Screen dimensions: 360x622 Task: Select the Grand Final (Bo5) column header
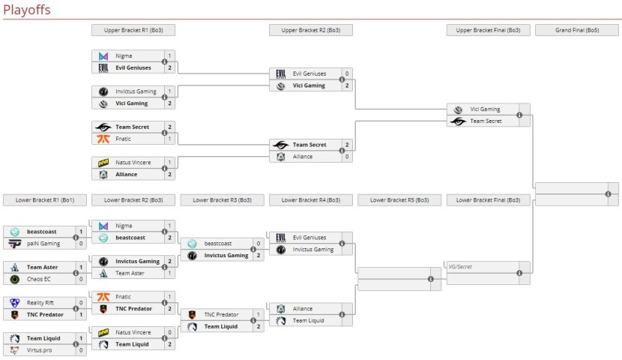[576, 30]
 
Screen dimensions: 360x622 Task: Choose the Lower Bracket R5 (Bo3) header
[399, 200]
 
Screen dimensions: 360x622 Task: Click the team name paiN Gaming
[43, 244]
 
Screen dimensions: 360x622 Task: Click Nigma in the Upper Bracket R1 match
[124, 55]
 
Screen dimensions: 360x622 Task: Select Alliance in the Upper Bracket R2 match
[304, 157]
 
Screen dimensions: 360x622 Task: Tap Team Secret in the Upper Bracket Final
[485, 121]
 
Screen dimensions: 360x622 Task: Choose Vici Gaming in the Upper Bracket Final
[485, 109]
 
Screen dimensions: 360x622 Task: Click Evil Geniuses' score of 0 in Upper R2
[346, 73]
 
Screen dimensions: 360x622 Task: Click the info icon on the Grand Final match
[608, 194]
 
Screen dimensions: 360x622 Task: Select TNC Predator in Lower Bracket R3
[220, 314]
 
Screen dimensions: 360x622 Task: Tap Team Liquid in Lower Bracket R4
[309, 320]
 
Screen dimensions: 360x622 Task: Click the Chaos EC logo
[14, 279]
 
